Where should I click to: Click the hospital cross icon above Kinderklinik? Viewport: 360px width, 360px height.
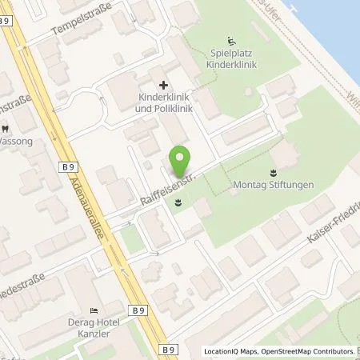[163, 84]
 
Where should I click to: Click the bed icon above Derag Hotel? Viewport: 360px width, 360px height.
[94, 310]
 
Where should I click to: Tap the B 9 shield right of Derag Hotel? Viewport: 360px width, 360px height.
[140, 310]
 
